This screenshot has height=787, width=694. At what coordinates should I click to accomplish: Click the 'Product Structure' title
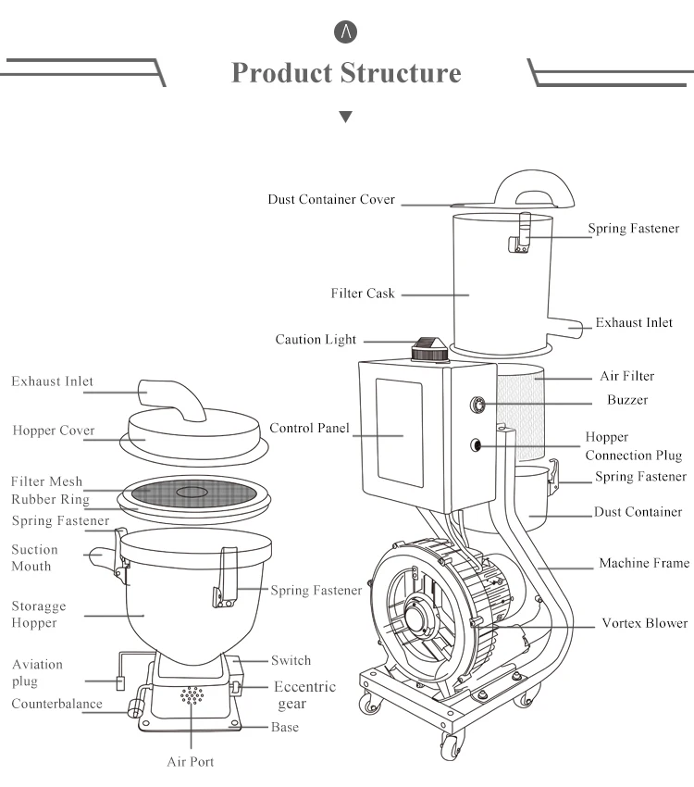(346, 73)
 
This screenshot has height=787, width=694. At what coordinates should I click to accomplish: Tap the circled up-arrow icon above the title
(345, 32)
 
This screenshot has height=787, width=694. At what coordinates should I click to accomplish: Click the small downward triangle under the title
(345, 117)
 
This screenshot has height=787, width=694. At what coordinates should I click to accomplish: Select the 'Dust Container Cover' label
(331, 199)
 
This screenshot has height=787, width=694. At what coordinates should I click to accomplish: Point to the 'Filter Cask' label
(363, 294)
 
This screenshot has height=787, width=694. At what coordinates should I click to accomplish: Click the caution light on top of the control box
(429, 349)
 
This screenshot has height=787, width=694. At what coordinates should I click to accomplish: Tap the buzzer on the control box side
(477, 404)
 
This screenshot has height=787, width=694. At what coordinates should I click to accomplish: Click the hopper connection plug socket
(476, 444)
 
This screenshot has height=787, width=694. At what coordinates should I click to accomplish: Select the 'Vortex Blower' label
(645, 623)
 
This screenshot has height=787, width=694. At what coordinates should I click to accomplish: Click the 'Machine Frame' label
(644, 563)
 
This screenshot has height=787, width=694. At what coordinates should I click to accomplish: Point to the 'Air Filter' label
(627, 376)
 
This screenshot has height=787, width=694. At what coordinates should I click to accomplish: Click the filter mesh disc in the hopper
(192, 493)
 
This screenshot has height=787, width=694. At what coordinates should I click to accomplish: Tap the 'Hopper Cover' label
(54, 431)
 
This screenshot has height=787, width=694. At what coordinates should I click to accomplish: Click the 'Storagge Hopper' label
(39, 615)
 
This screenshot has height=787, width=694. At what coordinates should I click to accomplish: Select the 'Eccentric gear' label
(304, 695)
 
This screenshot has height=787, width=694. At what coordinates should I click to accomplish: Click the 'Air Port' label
(191, 762)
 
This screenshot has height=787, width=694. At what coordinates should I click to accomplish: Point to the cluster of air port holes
(192, 695)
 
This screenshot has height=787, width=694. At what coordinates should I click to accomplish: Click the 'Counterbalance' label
(56, 704)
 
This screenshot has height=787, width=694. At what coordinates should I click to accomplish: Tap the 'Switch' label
(291, 660)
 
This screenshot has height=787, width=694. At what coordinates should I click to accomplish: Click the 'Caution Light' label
(316, 340)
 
